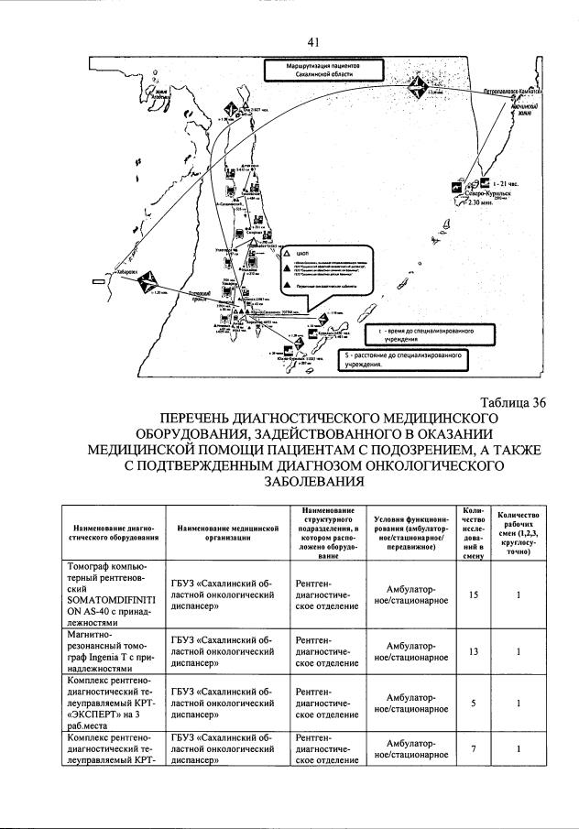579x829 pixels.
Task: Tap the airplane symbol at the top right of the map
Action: tap(418, 89)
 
